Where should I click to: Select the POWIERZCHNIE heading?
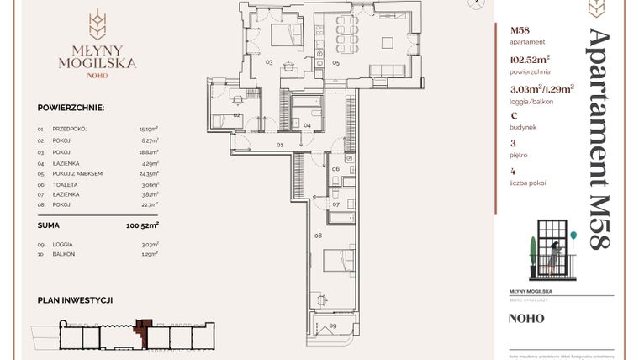coord(71,109)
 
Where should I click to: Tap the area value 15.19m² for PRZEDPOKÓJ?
coord(149,129)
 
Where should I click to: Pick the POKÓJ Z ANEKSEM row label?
coord(77,173)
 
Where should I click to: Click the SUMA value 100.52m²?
coord(142,225)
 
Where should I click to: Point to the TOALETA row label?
coord(64,184)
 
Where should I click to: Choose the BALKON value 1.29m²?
coord(150,254)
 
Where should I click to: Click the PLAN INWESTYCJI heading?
coord(75,299)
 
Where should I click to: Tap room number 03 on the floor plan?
coord(269,62)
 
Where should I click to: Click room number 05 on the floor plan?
coord(335,62)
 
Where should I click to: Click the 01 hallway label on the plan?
coord(280,146)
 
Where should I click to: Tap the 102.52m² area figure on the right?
coord(531,60)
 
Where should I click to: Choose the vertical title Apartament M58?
coord(599,139)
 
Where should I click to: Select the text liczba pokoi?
coord(531,183)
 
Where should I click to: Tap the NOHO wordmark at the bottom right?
coord(525,319)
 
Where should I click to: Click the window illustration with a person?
coord(552,250)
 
